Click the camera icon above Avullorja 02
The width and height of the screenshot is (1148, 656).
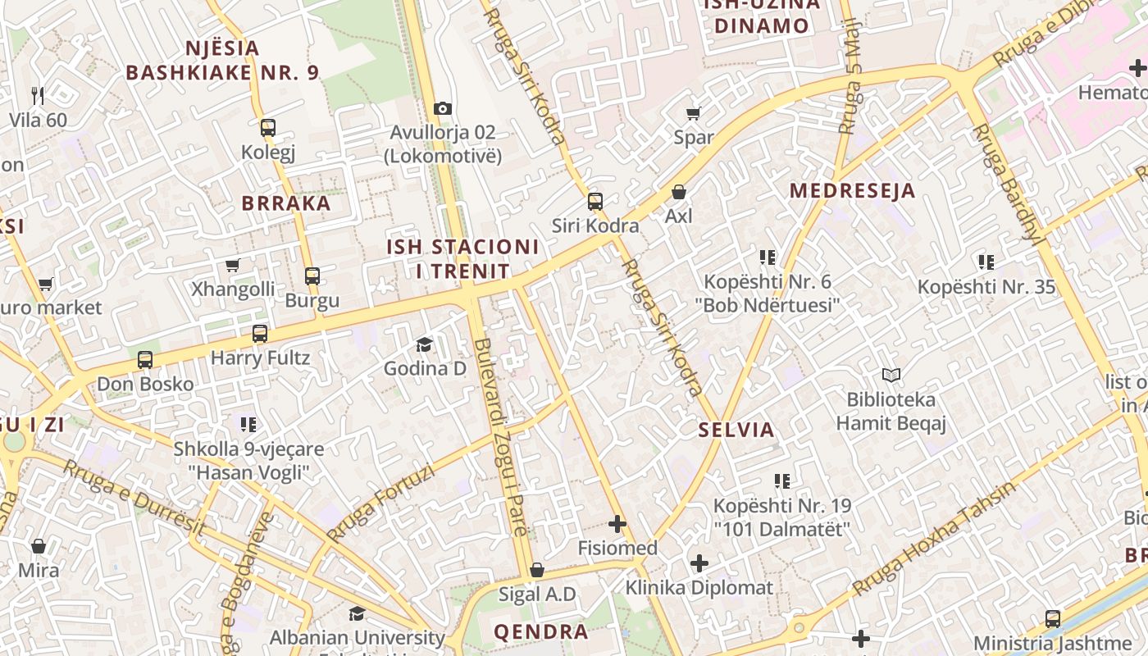443,108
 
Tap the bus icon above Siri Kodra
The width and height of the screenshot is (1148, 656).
595,201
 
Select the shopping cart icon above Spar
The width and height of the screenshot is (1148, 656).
694,112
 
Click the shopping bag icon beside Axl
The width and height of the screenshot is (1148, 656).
679,192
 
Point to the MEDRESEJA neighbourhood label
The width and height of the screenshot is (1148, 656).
852,191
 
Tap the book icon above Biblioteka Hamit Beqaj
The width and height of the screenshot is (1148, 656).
891,376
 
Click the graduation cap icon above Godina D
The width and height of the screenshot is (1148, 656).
424,344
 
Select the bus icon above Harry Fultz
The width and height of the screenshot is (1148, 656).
260,334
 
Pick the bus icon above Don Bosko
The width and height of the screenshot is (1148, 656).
145,359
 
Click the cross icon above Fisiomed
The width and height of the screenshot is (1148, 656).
617,524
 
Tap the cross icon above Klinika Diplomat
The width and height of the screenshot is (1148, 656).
699,563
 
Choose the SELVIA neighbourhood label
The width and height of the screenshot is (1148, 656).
736,430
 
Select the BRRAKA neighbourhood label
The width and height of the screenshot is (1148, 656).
286,203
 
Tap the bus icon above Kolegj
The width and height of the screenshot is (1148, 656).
268,128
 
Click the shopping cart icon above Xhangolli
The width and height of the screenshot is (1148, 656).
233,265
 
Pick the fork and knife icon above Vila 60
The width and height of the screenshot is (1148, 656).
38,95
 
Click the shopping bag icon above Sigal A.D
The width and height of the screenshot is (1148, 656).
537,570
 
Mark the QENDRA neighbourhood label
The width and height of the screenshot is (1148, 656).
540,632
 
